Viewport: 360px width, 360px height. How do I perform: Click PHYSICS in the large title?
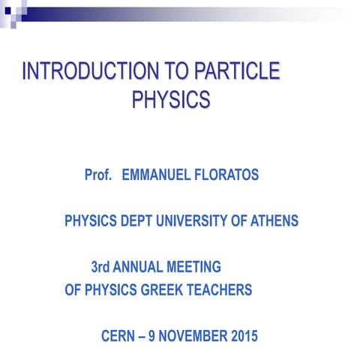(x=170, y=99)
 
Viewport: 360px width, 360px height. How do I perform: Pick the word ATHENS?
(x=274, y=221)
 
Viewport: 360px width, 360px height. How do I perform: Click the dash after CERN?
(x=145, y=336)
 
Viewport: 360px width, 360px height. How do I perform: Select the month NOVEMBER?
(x=195, y=336)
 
